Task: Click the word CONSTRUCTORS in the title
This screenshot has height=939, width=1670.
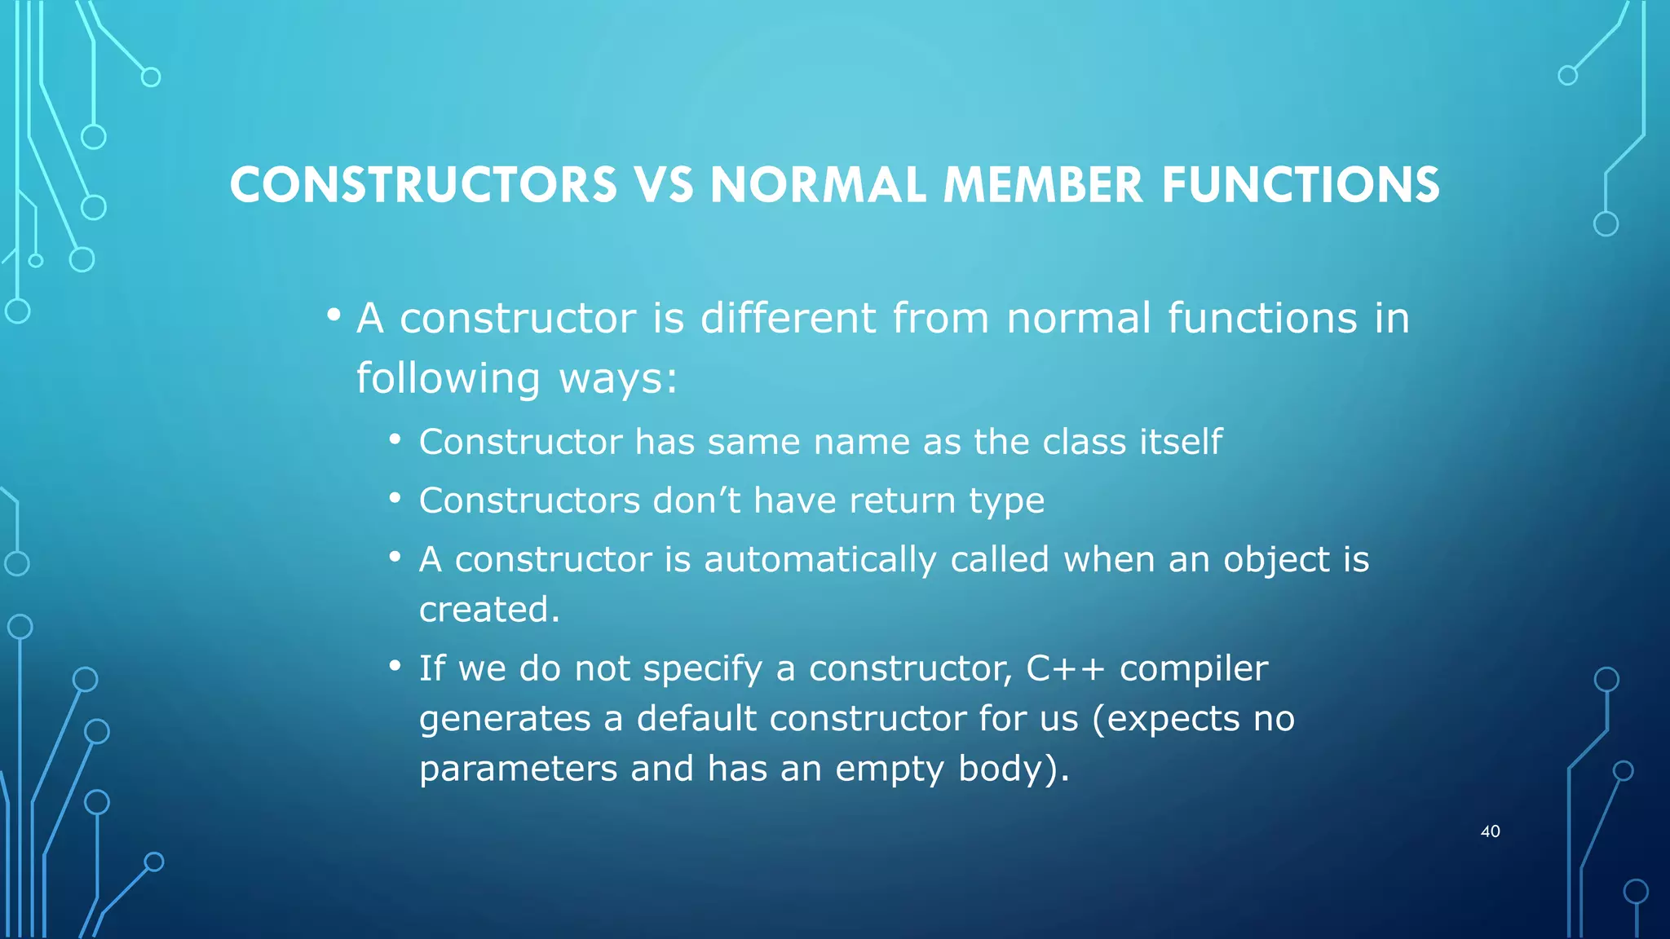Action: tap(423, 185)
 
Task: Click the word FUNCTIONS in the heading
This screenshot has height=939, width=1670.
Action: tap(1301, 185)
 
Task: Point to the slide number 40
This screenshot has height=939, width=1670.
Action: tap(1490, 831)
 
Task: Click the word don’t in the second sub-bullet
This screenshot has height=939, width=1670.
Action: tap(696, 500)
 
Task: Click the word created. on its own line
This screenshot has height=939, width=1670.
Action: tap(489, 610)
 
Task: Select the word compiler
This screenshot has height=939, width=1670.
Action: tap(1194, 669)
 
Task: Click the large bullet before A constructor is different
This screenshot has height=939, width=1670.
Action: tap(333, 315)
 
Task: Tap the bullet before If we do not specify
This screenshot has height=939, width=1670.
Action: tap(395, 667)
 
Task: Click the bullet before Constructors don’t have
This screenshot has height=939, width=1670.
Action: tap(395, 498)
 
